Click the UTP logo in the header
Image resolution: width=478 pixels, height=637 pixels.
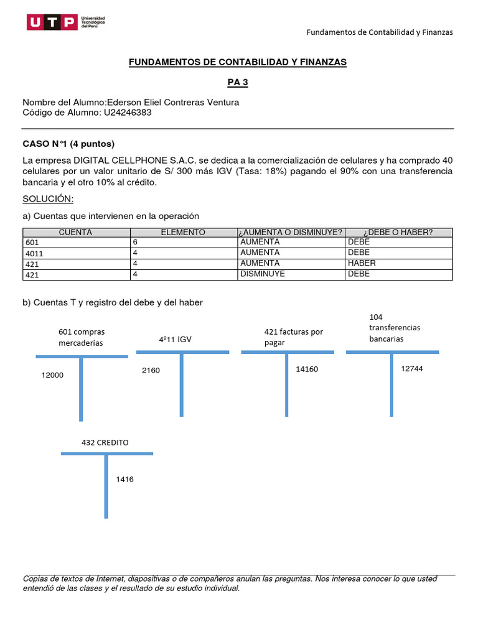[66, 23]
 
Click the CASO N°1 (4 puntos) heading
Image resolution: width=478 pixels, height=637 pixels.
[68, 144]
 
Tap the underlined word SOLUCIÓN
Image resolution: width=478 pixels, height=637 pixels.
[48, 198]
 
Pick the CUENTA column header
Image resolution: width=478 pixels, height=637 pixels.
[75, 232]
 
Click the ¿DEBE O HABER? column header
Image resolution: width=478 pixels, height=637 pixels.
[398, 232]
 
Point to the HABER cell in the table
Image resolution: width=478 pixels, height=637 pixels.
[362, 263]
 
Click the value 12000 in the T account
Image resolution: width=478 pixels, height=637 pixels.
[52, 375]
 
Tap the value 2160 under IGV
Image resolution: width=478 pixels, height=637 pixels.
[151, 371]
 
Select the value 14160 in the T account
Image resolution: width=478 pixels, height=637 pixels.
[307, 369]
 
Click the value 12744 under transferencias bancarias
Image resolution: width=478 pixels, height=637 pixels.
[412, 368]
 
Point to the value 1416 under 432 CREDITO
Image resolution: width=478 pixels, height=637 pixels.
[124, 479]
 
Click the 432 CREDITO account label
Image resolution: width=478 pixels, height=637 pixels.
[105, 442]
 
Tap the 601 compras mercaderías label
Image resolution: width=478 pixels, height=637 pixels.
[81, 337]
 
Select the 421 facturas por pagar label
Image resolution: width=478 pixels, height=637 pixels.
[293, 337]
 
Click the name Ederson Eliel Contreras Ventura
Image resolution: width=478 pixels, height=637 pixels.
[173, 102]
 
